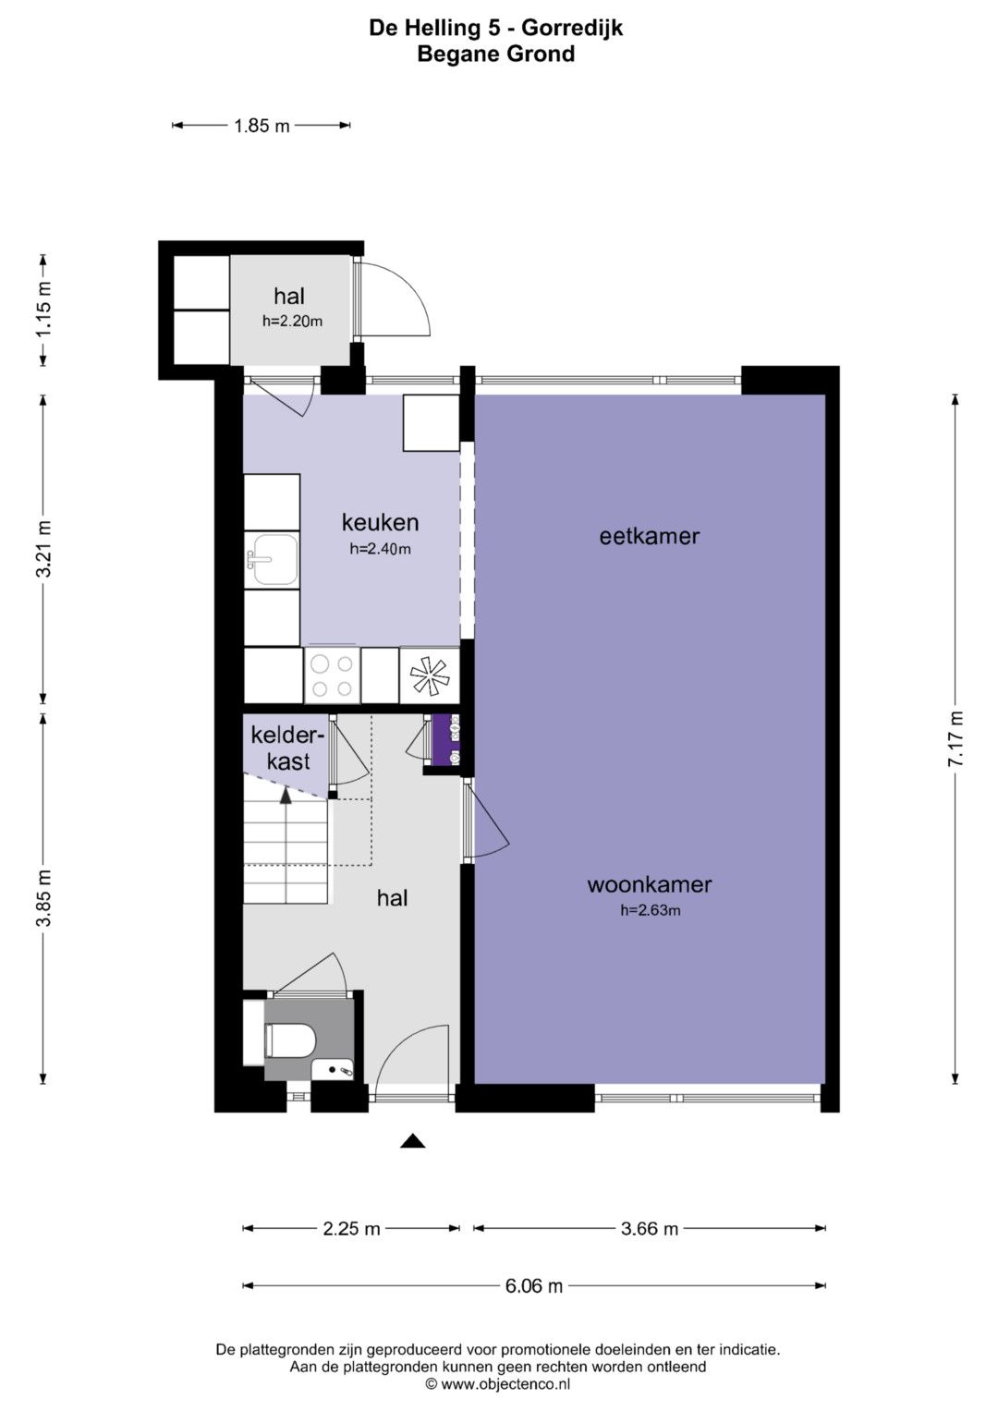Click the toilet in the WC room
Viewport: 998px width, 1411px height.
tap(290, 1040)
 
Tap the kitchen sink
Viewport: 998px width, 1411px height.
tap(272, 559)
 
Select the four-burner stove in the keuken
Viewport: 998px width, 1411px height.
tap(332, 675)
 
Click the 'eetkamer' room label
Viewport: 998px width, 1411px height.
tap(649, 536)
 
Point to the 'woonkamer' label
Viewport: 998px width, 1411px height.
tap(650, 884)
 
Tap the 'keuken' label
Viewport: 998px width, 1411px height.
tap(380, 522)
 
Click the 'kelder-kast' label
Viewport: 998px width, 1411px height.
tap(288, 748)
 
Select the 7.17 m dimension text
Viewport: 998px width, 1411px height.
tap(955, 738)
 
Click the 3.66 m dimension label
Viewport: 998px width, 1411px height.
tap(649, 1228)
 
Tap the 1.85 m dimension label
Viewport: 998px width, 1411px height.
tap(262, 126)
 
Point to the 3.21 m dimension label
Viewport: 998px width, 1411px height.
tap(43, 549)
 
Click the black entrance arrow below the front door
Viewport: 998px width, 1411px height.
tap(413, 1140)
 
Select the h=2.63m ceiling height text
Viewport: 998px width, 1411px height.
tap(651, 910)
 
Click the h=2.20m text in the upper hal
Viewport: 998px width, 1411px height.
tap(292, 322)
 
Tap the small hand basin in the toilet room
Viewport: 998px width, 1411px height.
tap(332, 1069)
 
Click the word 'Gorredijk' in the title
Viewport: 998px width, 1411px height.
tap(573, 29)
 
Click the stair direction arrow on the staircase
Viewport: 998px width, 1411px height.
tap(286, 797)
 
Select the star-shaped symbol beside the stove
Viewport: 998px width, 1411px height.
tap(429, 675)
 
